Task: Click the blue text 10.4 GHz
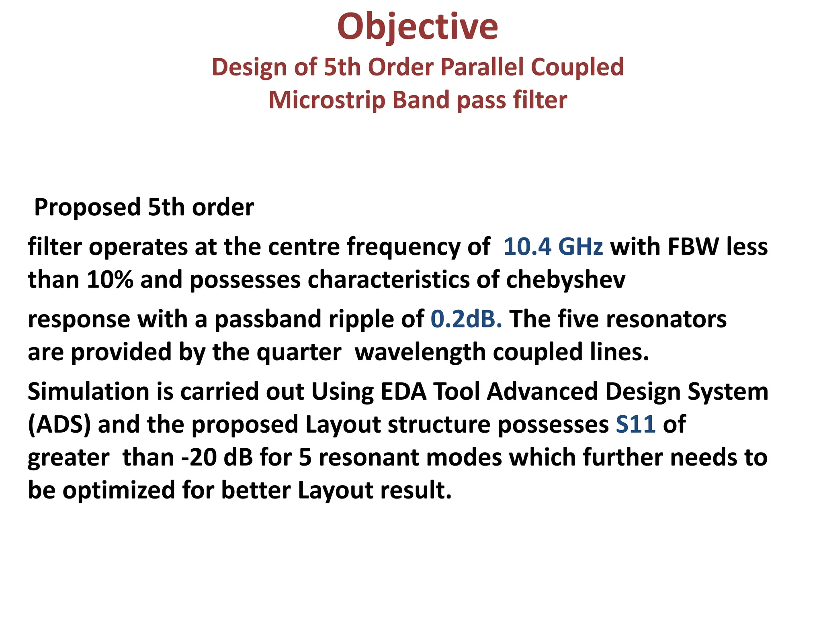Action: coord(553,246)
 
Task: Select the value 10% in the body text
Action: coord(110,279)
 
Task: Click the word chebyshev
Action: coord(565,279)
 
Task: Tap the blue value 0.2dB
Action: coord(466,319)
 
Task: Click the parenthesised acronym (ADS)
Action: coord(59,425)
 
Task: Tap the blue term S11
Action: coord(635,425)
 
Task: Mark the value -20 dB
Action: coord(217,458)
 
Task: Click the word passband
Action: coord(268,319)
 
